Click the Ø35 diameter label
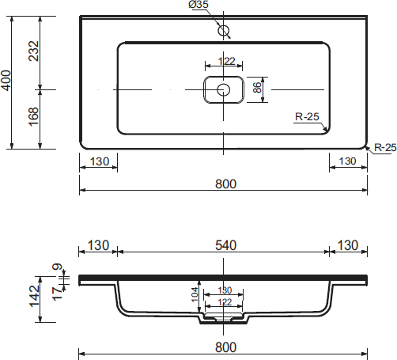(198, 5)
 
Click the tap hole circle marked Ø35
(224, 30)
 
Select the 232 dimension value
(34, 51)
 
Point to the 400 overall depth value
(6, 81)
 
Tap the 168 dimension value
(34, 117)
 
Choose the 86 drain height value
(257, 87)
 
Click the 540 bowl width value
(226, 245)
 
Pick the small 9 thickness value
(59, 267)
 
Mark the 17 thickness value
(57, 294)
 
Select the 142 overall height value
(35, 296)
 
